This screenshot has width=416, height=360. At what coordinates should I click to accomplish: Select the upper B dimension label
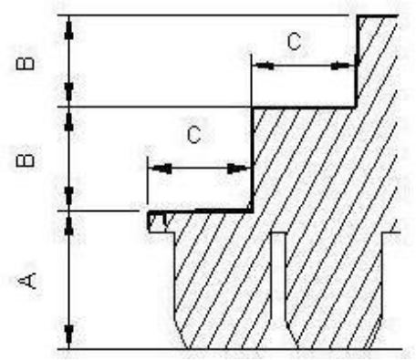coord(25,64)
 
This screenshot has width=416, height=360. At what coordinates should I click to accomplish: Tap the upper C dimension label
coord(295,41)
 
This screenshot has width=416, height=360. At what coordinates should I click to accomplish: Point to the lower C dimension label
coord(194,135)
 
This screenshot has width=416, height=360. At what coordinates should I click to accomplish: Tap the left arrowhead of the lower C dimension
coord(161,169)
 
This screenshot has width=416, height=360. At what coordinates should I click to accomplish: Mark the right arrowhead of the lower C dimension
coord(238,169)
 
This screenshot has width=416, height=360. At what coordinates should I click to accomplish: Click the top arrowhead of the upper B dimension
coord(69,28)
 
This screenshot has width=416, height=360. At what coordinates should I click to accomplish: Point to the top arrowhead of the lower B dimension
coord(69,119)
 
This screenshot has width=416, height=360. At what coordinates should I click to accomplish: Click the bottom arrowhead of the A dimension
coord(69,336)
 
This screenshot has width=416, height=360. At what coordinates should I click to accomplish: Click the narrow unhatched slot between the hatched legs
coord(278,290)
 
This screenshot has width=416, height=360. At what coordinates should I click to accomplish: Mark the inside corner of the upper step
coord(355,107)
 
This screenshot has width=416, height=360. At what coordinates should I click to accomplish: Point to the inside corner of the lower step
coord(252,211)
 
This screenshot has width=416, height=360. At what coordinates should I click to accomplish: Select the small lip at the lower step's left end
coord(158,222)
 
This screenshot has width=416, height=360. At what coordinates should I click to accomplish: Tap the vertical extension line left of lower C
coord(148,180)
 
